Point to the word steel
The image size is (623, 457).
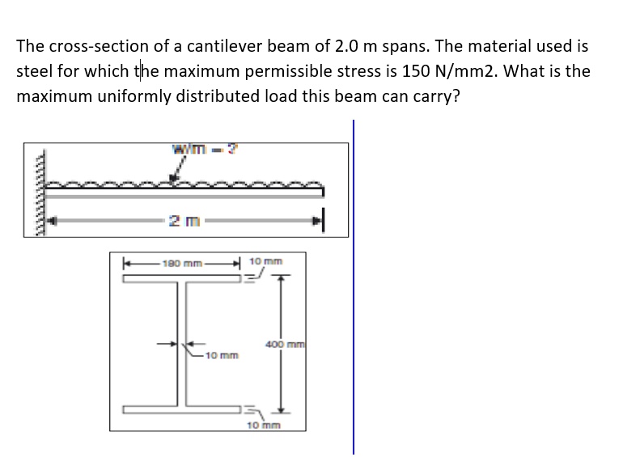pyautogui.click(x=33, y=71)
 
